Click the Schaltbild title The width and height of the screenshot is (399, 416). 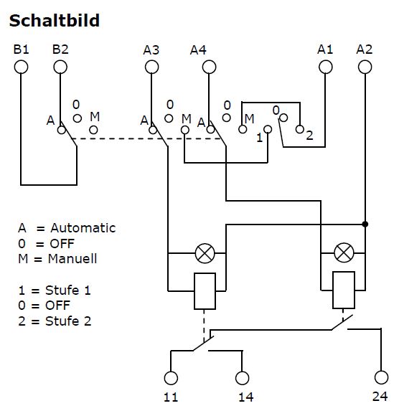click(x=55, y=20)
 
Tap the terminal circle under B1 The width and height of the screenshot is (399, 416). click(x=21, y=67)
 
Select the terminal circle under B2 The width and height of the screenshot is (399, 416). click(x=60, y=67)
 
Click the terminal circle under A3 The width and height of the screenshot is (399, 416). click(x=151, y=67)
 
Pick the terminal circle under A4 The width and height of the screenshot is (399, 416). click(x=209, y=67)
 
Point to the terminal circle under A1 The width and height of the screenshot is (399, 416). click(x=325, y=67)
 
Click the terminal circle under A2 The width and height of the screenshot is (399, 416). click(x=365, y=67)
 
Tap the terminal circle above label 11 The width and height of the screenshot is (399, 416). click(x=171, y=378)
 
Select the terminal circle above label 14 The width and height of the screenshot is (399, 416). click(x=242, y=378)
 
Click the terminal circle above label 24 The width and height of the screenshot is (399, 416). click(x=381, y=377)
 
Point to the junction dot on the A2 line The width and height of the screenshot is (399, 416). click(x=365, y=224)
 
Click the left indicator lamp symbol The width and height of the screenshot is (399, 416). click(x=205, y=253)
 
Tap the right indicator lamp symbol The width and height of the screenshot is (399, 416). click(x=344, y=253)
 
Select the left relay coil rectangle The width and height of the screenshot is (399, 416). click(x=205, y=291)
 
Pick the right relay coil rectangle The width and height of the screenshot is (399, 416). click(x=344, y=290)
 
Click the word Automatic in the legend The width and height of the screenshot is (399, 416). click(x=83, y=228)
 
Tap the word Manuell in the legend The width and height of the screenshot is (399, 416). click(x=72, y=259)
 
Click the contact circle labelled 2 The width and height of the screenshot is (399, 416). click(x=300, y=130)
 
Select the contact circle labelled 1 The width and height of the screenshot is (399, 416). click(x=268, y=130)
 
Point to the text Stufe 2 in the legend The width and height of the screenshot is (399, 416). click(x=68, y=321)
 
